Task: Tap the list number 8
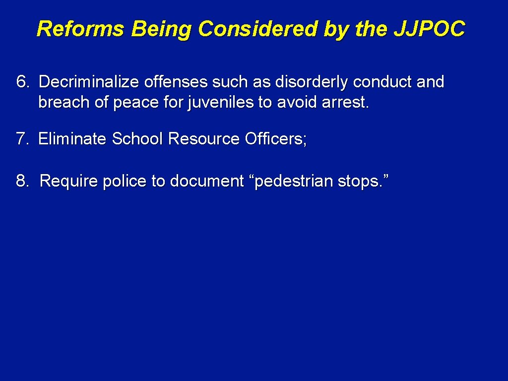click(23, 181)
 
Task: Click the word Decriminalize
click(90, 82)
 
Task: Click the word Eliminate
click(72, 139)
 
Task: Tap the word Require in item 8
click(69, 181)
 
